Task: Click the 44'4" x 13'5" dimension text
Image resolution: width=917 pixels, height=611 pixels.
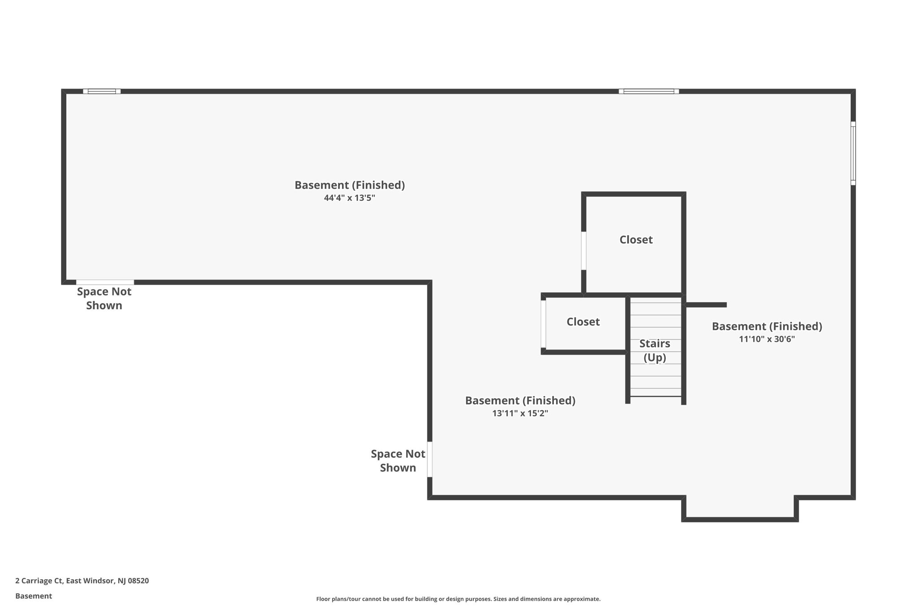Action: (x=349, y=198)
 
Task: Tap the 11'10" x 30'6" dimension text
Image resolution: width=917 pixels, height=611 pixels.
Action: (x=767, y=339)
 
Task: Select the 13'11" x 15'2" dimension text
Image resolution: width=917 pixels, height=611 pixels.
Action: (x=520, y=414)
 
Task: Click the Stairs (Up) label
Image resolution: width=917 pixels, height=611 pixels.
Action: (x=655, y=350)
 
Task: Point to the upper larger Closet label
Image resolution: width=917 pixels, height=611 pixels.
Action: (x=636, y=240)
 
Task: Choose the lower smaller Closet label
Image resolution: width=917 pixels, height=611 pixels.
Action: (x=583, y=322)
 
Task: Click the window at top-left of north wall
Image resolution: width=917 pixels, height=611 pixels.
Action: (x=102, y=91)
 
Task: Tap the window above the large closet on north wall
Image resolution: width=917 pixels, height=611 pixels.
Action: (x=648, y=91)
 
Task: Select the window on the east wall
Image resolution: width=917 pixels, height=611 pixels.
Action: (x=853, y=153)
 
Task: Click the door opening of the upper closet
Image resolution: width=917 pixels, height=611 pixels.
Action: (x=583, y=251)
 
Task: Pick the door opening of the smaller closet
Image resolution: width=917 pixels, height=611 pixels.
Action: (x=543, y=324)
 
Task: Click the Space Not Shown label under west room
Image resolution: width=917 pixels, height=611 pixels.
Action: (x=104, y=299)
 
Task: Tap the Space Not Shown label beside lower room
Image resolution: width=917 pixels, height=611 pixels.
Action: (x=398, y=461)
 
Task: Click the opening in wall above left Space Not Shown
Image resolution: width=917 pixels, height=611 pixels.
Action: (x=105, y=282)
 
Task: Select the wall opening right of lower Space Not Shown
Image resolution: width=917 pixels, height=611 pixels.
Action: (x=429, y=459)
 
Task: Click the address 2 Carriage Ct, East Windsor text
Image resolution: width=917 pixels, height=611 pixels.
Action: (x=82, y=581)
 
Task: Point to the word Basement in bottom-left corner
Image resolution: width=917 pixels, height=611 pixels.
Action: (x=34, y=596)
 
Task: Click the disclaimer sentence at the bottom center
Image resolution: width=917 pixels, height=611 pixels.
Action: (x=458, y=599)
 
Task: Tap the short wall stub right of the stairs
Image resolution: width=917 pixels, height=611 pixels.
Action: (x=706, y=305)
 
